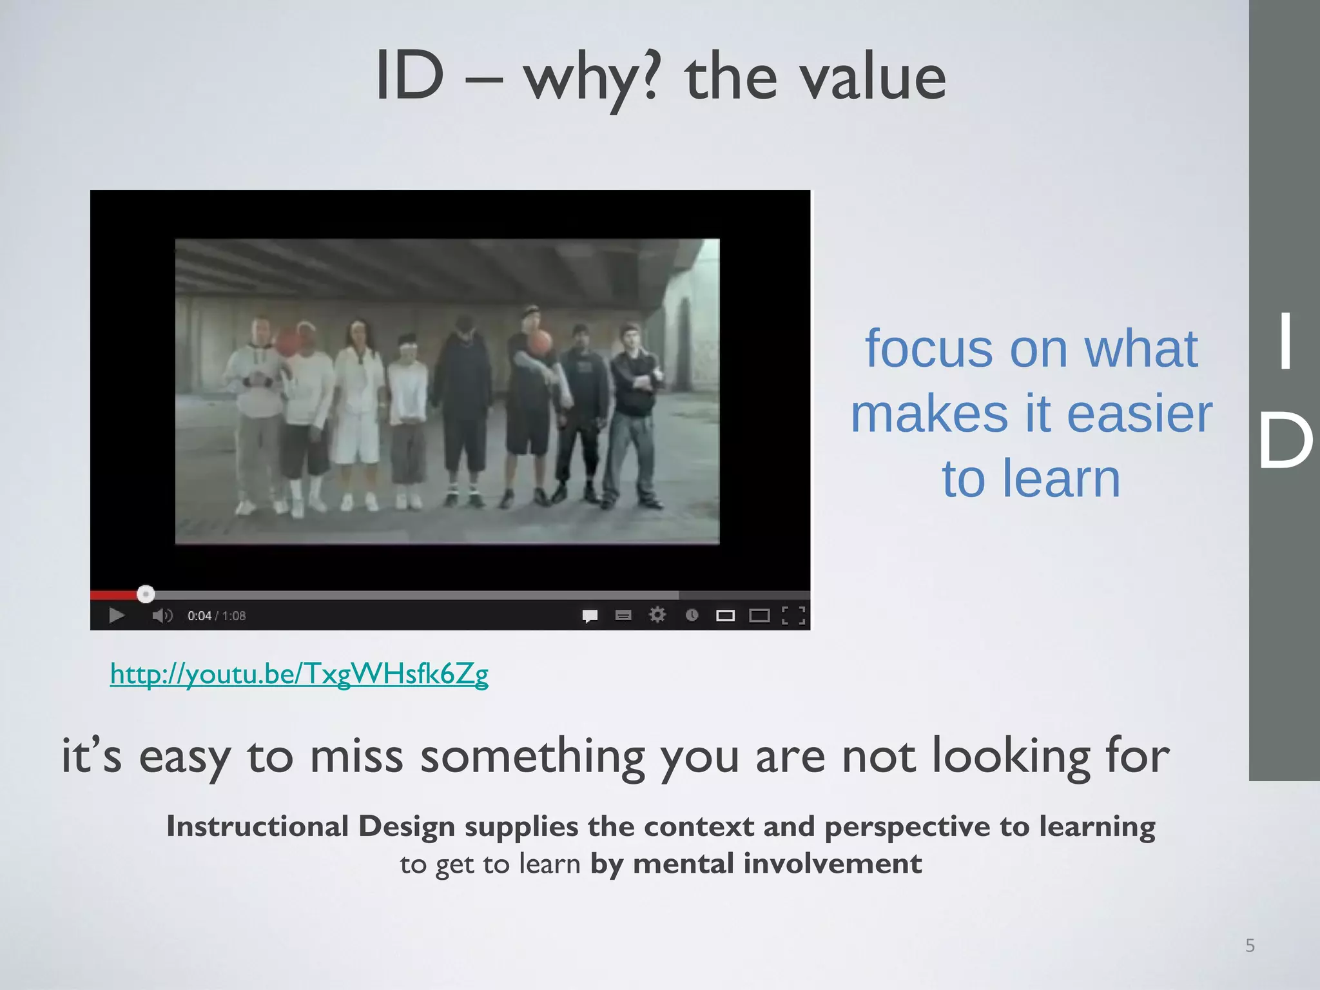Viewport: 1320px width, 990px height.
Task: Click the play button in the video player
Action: tap(117, 616)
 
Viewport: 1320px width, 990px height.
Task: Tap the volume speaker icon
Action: tap(161, 616)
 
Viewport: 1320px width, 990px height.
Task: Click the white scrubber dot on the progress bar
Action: tap(146, 594)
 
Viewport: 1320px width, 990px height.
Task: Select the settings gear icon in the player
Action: tap(657, 615)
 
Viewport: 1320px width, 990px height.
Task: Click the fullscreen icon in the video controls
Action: tap(793, 616)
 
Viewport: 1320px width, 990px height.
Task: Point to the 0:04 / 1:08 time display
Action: tap(217, 616)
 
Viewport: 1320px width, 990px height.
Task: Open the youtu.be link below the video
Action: tap(299, 674)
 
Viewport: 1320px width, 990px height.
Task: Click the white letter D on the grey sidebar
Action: tap(1285, 442)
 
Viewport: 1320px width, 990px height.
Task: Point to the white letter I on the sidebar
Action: tap(1285, 341)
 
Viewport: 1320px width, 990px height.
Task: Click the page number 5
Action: tap(1250, 946)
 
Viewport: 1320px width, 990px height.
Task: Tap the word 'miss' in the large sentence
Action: tap(356, 755)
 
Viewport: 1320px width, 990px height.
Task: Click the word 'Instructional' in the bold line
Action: tap(257, 826)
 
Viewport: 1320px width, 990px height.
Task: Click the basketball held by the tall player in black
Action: tap(541, 342)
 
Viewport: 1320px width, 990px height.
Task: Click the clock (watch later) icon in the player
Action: tap(692, 615)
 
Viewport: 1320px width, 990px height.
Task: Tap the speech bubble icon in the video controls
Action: tap(590, 616)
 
